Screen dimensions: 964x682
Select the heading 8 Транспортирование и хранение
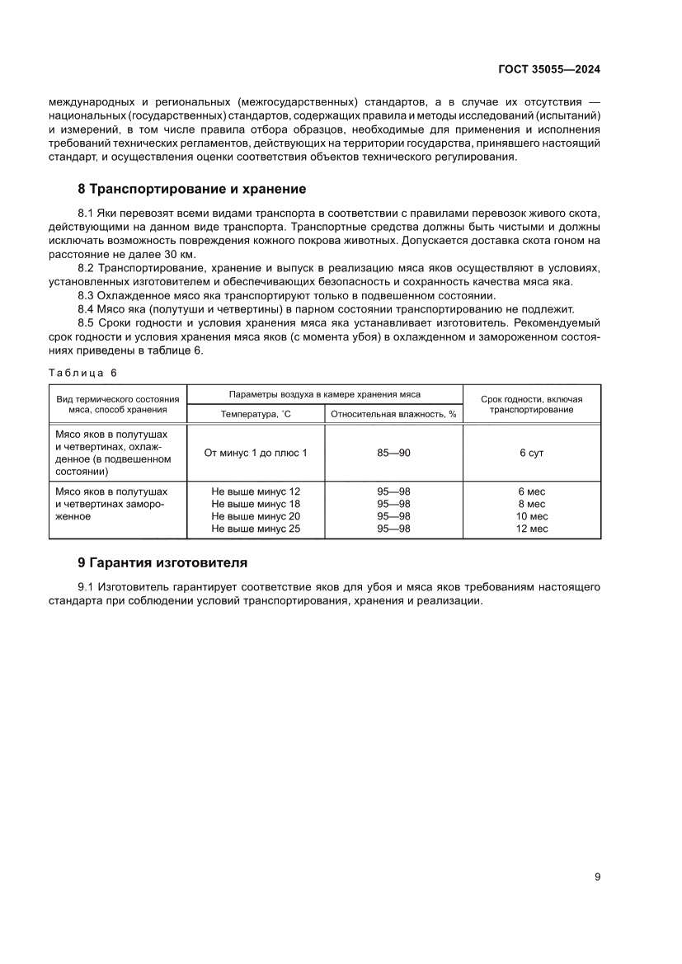[x=191, y=189]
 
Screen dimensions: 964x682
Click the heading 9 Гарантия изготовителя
[x=162, y=563]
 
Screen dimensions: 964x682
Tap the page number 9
[x=597, y=877]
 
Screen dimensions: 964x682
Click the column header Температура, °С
[x=256, y=414]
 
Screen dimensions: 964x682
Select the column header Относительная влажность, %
[x=393, y=414]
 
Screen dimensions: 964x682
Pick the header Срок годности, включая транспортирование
[x=531, y=404]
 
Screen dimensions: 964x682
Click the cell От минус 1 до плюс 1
[x=256, y=453]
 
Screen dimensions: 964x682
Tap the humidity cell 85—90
[x=393, y=453]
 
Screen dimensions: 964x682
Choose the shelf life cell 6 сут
[x=531, y=453]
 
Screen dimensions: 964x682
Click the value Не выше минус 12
[x=256, y=491]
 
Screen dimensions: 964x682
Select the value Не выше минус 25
[x=256, y=529]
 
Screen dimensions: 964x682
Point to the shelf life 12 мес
[x=531, y=529]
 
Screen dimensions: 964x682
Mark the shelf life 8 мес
[x=531, y=504]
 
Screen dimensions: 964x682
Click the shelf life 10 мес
[x=531, y=516]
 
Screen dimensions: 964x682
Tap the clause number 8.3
[x=87, y=295]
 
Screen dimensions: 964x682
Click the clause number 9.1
[x=87, y=587]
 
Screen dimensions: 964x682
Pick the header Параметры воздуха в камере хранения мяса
[x=324, y=394]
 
